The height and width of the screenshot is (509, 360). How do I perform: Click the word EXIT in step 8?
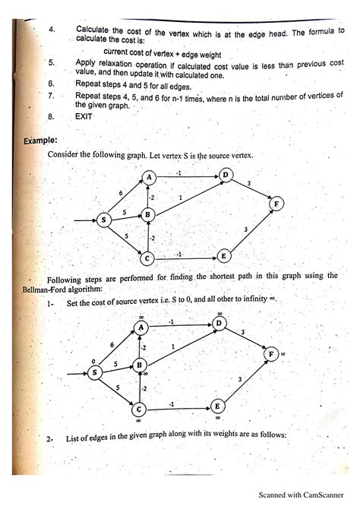(84, 117)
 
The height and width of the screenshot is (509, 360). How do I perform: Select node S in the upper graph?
(104, 220)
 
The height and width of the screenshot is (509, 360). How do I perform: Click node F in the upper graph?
(276, 204)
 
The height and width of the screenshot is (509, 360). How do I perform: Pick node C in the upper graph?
(148, 258)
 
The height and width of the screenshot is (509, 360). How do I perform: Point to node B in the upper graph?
(148, 216)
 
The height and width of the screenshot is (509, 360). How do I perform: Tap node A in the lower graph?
(141, 327)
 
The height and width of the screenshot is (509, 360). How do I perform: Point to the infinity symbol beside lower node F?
(282, 354)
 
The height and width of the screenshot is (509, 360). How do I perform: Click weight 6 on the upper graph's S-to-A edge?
(122, 193)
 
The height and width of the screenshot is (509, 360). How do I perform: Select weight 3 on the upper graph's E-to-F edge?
(245, 229)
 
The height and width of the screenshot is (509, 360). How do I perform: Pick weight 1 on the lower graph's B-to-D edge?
(172, 346)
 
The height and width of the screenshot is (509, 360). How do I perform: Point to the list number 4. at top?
(52, 30)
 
